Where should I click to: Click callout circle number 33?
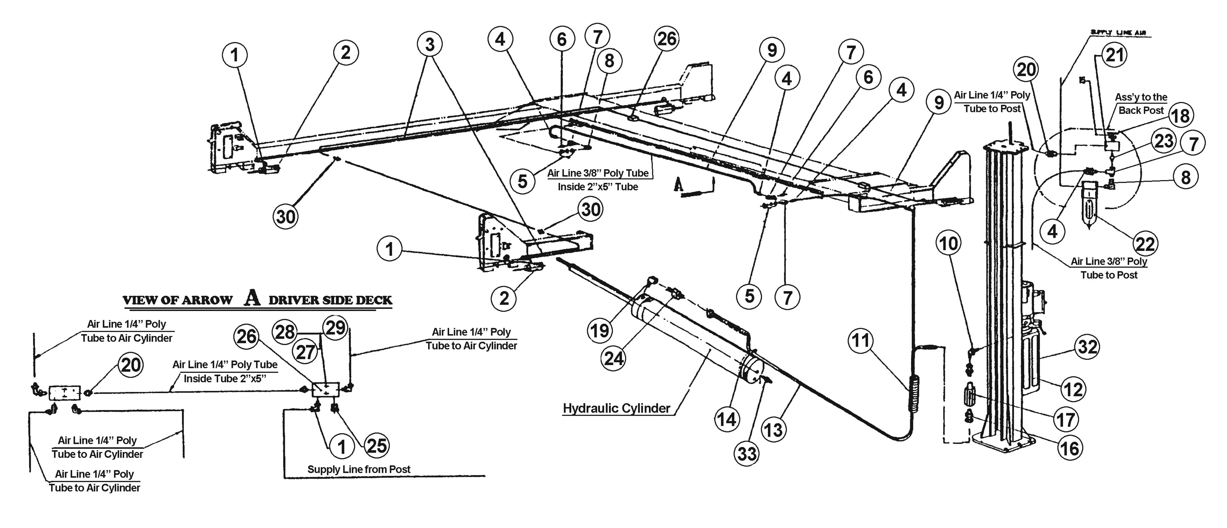click(747, 453)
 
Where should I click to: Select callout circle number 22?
click(1145, 244)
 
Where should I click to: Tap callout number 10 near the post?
click(948, 244)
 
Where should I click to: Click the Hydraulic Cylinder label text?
click(616, 408)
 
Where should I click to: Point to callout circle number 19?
click(599, 330)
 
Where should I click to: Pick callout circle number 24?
click(613, 357)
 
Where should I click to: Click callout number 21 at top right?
click(1114, 55)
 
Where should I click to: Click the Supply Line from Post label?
click(359, 469)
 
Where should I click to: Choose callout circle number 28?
click(285, 332)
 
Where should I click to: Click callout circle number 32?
click(1088, 347)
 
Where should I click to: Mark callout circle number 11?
click(860, 341)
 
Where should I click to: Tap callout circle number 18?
click(1180, 116)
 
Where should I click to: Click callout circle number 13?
click(773, 430)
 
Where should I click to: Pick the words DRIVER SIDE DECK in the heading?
click(330, 300)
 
